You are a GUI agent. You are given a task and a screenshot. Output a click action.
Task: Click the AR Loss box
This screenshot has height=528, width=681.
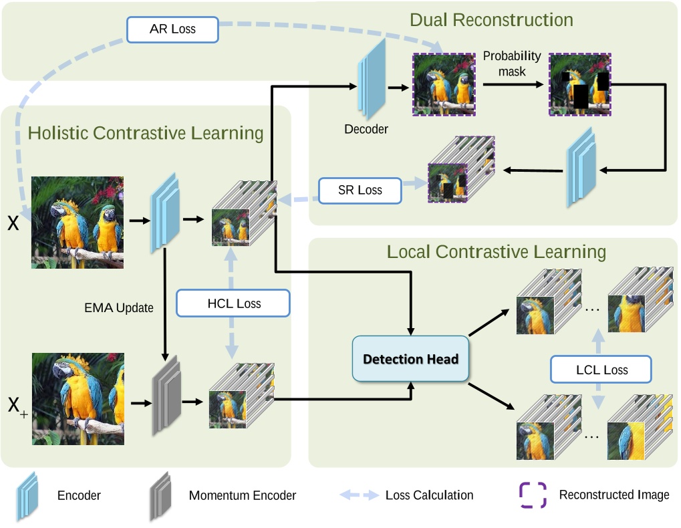pyautogui.click(x=173, y=29)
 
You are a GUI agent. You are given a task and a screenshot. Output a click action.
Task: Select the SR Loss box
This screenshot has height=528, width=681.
pyautogui.click(x=360, y=190)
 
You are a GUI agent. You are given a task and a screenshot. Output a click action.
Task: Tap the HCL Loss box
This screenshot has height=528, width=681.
pyautogui.click(x=233, y=303)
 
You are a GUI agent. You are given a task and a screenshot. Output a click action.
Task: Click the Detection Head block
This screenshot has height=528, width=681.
pyautogui.click(x=410, y=359)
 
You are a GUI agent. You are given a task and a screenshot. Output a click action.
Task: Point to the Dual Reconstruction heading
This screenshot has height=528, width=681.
pyautogui.click(x=491, y=20)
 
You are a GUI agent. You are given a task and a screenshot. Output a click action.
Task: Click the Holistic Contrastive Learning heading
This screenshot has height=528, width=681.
pyautogui.click(x=146, y=133)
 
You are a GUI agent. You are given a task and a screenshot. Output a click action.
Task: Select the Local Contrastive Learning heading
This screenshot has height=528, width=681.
pyautogui.click(x=496, y=252)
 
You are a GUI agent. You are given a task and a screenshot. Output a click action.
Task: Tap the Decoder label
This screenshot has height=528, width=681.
pyautogui.click(x=366, y=129)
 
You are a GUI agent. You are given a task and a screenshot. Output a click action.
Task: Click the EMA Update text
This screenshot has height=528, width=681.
pyautogui.click(x=118, y=308)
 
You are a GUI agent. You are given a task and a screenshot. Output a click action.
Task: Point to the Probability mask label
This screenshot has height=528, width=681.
pyautogui.click(x=512, y=63)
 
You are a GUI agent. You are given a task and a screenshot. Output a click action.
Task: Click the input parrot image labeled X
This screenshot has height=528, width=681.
pyautogui.click(x=78, y=223)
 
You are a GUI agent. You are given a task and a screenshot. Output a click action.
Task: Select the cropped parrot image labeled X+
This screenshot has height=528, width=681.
pyautogui.click(x=78, y=399)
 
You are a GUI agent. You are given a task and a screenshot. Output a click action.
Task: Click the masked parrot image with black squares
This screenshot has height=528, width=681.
pyautogui.click(x=579, y=84)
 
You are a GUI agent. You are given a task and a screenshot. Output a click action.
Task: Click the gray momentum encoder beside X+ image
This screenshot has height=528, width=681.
pyautogui.click(x=165, y=396)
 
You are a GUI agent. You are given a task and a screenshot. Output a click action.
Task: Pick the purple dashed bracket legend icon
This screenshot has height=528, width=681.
pyautogui.click(x=533, y=495)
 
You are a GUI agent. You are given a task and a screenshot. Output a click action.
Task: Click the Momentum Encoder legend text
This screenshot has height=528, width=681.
pyautogui.click(x=242, y=495)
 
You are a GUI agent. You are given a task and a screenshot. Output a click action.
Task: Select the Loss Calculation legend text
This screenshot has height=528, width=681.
pyautogui.click(x=429, y=495)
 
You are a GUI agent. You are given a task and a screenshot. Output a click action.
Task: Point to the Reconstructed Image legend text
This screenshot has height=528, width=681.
pyautogui.click(x=614, y=495)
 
